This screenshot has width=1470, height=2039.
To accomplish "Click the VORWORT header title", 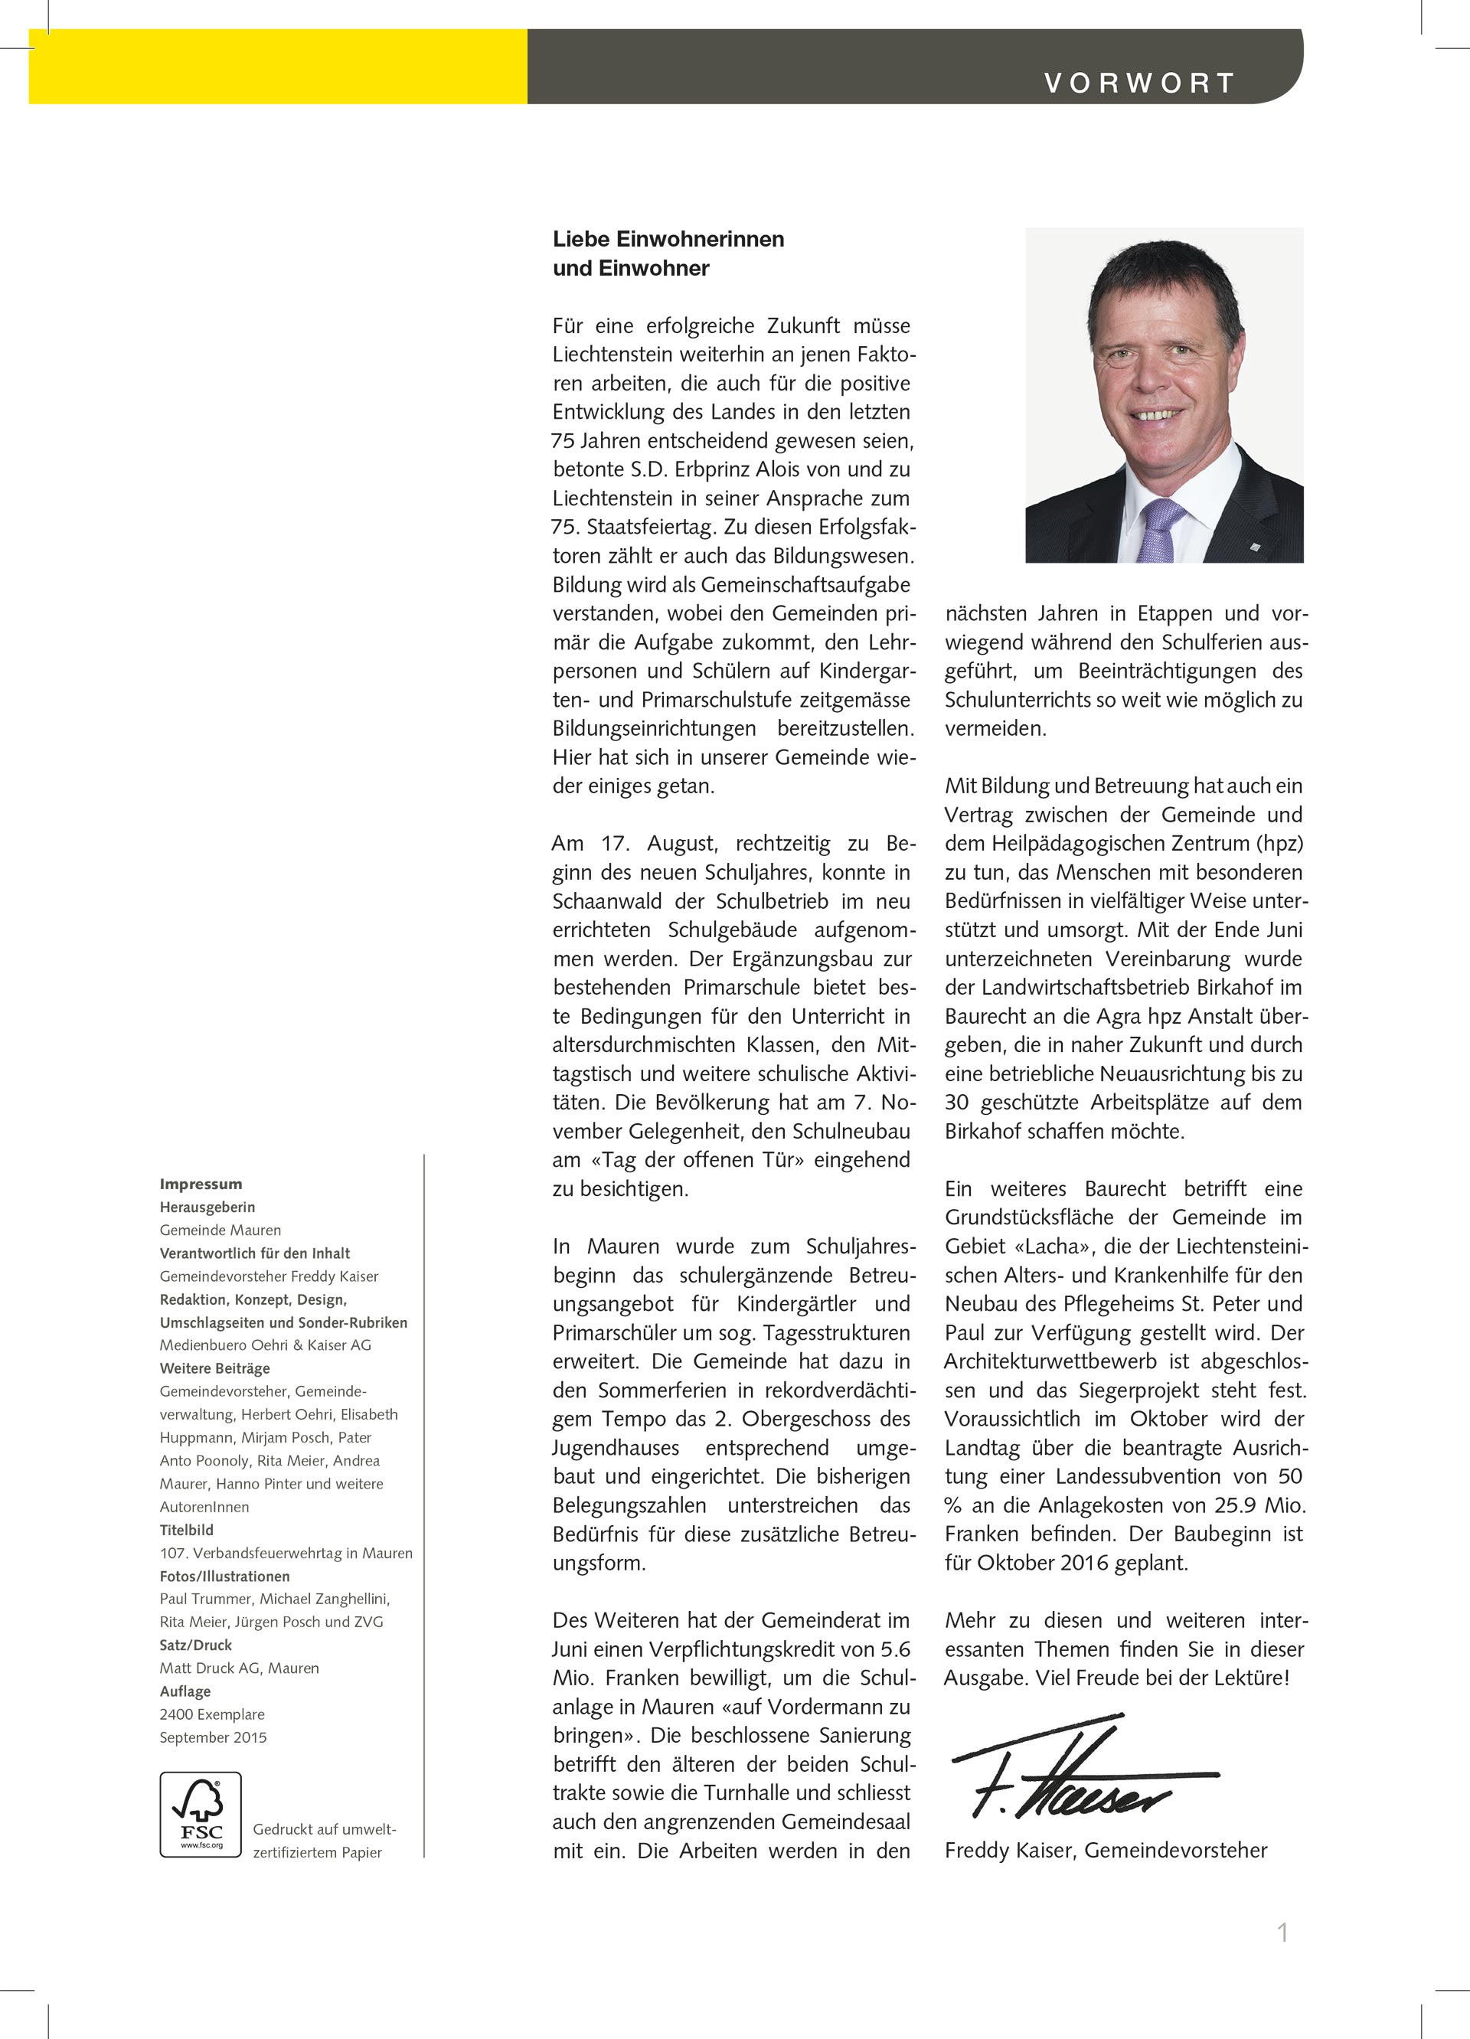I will point(1138,83).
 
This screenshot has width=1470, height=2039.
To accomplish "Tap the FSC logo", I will point(201,1814).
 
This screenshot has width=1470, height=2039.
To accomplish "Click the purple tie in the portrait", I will point(1161,530).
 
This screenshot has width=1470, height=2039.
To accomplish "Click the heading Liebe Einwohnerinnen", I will point(668,239).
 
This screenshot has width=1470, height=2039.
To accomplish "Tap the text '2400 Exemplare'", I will point(212,1714).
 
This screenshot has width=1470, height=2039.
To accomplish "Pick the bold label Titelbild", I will point(186,1529).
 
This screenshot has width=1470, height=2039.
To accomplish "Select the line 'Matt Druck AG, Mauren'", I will point(239,1668).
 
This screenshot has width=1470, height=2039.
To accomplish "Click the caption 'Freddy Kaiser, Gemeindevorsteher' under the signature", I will point(1106,1850).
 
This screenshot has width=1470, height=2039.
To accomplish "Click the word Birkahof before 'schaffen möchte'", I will point(984,1131).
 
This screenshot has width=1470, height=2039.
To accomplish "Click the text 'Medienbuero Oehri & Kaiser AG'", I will point(265,1345).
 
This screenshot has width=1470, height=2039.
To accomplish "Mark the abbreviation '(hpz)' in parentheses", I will point(1278,843).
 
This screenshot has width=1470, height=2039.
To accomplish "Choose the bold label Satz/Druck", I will point(195,1645).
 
